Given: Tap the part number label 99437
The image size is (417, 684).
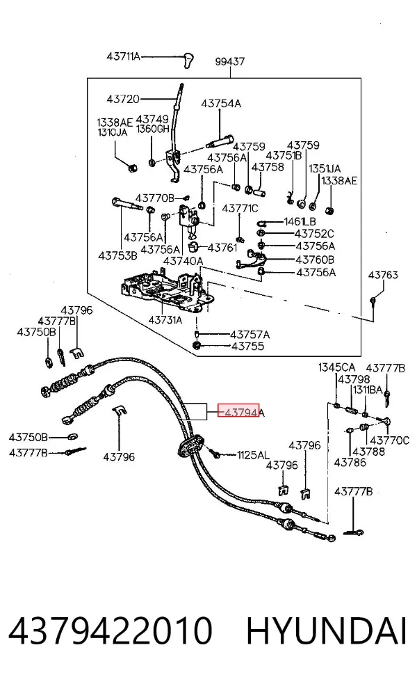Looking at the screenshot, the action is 229,61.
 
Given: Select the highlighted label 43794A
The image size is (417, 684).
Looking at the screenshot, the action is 241,411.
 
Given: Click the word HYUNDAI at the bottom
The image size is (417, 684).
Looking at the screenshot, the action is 327,630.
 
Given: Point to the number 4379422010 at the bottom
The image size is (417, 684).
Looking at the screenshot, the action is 110,630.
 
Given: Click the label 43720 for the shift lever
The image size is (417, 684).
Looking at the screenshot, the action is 123,99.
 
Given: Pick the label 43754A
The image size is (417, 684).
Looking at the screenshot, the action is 221,104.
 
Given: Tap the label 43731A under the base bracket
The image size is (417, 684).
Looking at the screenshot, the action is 165,320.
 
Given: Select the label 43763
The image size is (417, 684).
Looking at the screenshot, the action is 383,275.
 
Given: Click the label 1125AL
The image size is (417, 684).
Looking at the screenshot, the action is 254,455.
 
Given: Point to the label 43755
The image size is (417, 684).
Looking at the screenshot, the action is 247,347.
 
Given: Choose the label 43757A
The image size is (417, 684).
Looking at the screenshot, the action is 250,335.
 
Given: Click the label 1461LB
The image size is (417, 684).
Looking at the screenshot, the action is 300,222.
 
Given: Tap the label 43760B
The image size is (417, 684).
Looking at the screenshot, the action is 315,260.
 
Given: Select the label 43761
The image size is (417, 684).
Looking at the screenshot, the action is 222,248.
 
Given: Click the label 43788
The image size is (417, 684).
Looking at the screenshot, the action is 368,452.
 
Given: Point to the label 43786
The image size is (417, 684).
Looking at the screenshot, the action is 350,462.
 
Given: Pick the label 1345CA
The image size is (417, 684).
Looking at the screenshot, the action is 336,367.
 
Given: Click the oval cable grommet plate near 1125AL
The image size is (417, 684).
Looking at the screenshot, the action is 190,445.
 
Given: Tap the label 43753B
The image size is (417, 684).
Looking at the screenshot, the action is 117,255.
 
